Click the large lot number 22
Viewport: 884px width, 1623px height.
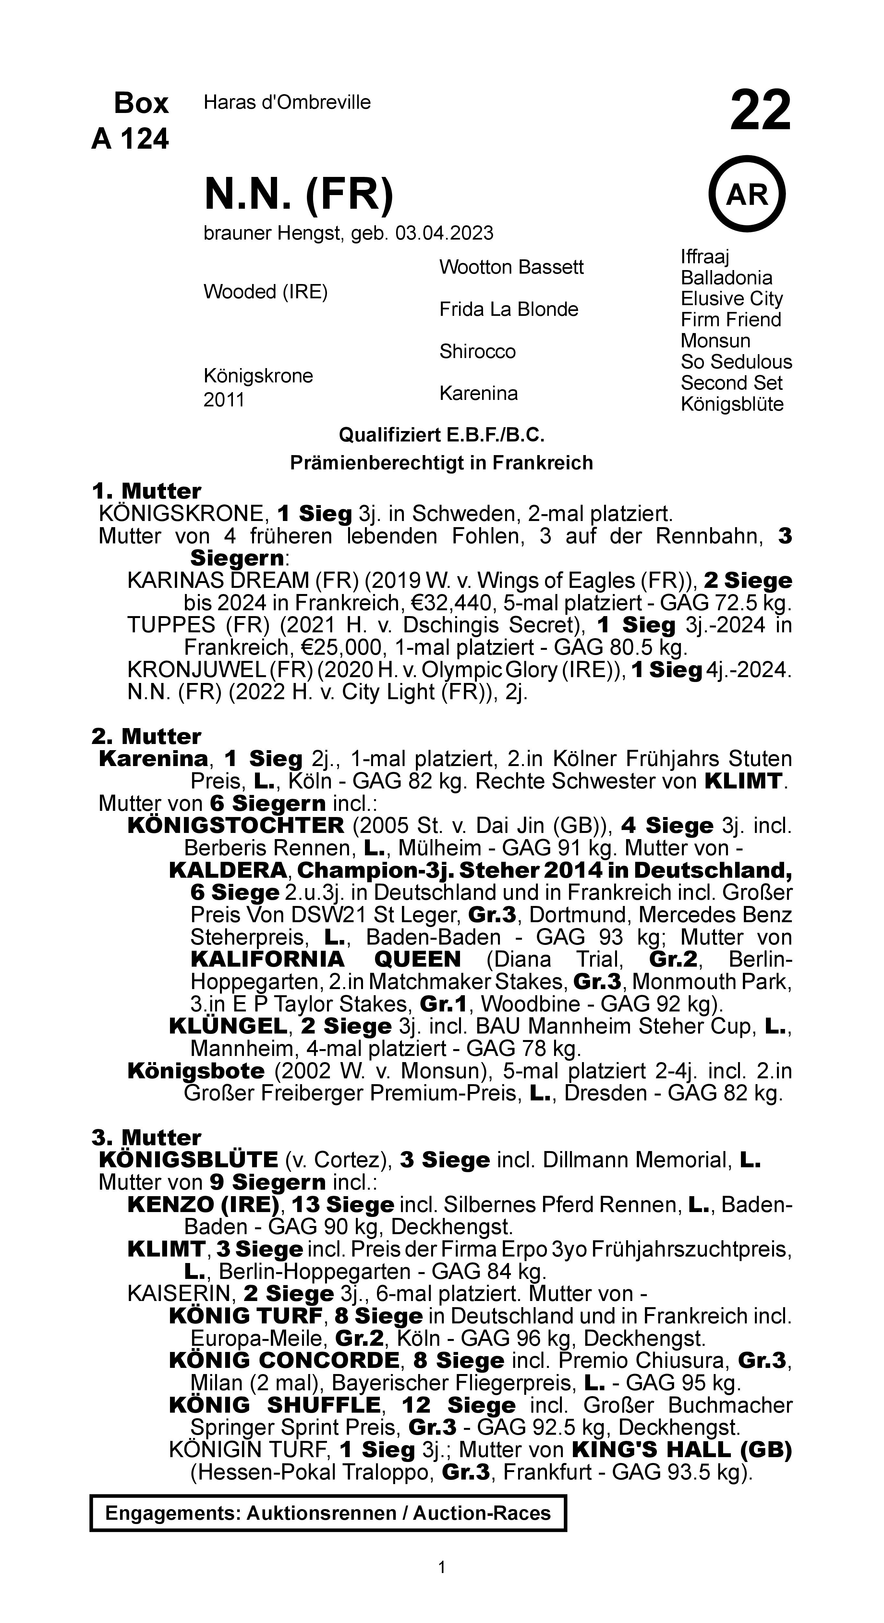[x=760, y=110]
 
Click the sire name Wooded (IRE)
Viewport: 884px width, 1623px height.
[x=265, y=292]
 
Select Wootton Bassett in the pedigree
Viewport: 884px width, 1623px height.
[x=511, y=267]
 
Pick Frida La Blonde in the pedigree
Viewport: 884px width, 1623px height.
[x=508, y=309]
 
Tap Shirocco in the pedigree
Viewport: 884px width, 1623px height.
[x=477, y=352]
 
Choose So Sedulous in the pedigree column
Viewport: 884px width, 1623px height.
[x=736, y=362]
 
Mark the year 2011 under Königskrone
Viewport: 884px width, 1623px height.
[x=224, y=400]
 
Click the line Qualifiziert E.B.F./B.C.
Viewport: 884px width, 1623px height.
[x=442, y=435]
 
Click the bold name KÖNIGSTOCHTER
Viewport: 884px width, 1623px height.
[x=236, y=825]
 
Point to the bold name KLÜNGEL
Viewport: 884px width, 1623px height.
[x=228, y=1026]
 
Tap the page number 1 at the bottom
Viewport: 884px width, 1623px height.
[x=442, y=1567]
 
